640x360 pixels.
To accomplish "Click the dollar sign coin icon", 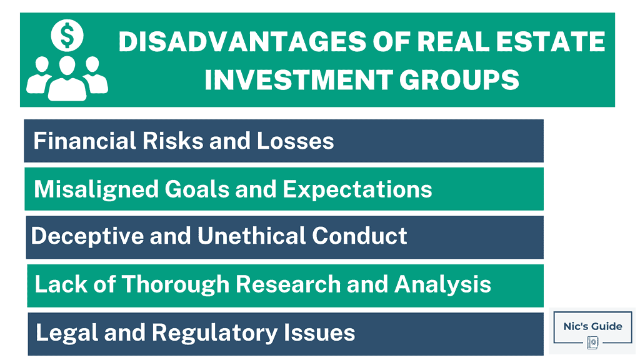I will [x=66, y=36].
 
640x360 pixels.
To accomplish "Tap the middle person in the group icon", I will [x=66, y=79].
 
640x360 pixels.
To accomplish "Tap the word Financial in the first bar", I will [x=77, y=141].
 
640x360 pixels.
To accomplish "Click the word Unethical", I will [x=251, y=236].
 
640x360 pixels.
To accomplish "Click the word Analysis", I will [x=442, y=285].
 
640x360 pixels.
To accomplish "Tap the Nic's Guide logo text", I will [x=591, y=326].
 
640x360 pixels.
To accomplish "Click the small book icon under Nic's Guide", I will [x=592, y=342].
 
